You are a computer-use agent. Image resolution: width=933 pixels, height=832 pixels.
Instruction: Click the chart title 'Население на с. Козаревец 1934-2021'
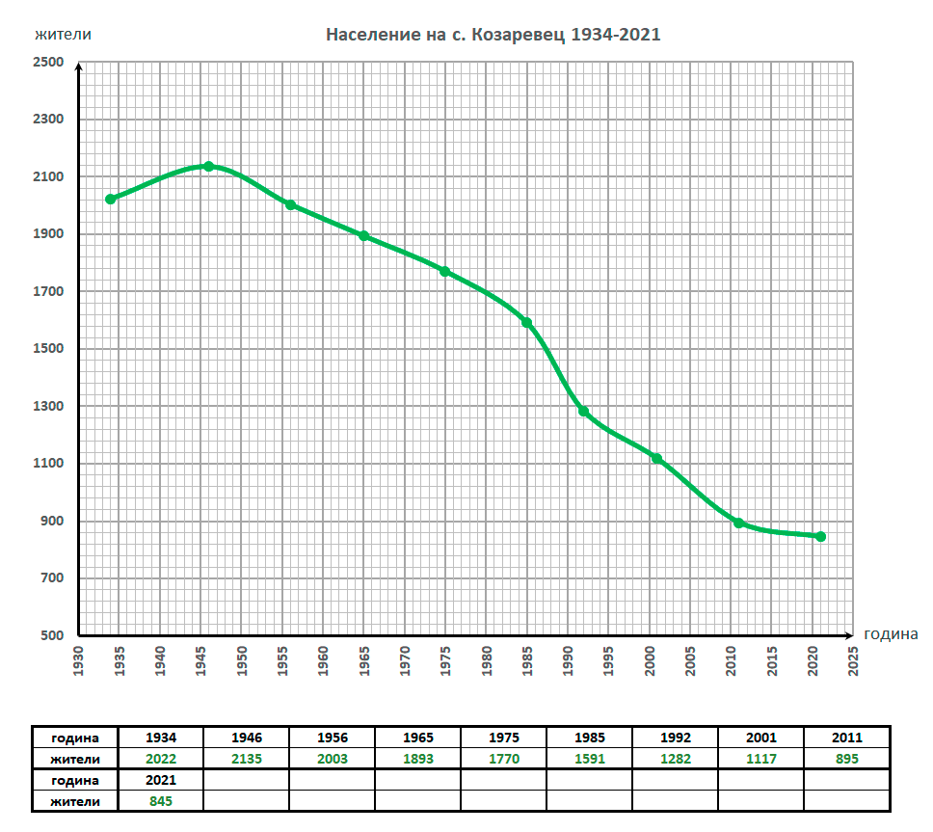[493, 35]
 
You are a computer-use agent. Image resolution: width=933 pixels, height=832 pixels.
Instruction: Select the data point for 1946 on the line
[208, 167]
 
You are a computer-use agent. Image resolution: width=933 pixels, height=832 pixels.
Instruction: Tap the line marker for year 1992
[583, 412]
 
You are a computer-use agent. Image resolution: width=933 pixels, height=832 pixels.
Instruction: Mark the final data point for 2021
[820, 536]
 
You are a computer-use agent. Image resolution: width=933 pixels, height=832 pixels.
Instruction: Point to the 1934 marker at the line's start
[111, 200]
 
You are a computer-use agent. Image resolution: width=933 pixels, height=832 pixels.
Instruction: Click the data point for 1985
[526, 323]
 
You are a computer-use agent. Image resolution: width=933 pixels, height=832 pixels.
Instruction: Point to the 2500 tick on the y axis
[49, 63]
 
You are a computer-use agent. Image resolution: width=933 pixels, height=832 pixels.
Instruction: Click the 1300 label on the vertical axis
[49, 407]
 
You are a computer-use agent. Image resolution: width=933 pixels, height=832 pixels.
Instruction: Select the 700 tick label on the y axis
[51, 578]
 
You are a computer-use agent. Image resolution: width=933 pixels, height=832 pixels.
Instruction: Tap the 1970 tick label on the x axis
[405, 661]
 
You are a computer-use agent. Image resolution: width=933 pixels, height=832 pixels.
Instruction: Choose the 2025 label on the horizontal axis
[853, 661]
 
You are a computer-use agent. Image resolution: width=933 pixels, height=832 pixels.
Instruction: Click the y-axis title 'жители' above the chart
[64, 35]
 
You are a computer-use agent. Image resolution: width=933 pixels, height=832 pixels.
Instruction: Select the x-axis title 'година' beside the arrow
[891, 634]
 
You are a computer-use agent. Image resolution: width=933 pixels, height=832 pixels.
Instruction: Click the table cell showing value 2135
[246, 759]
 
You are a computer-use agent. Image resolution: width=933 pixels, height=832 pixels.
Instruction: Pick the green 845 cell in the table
[160, 800]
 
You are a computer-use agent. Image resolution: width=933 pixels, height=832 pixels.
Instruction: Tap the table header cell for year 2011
[845, 738]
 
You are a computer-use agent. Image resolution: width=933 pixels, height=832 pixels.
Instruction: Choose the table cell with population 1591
[589, 759]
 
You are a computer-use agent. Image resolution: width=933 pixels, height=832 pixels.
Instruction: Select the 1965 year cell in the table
[417, 738]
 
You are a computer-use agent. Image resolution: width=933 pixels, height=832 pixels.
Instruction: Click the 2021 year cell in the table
[160, 779]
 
